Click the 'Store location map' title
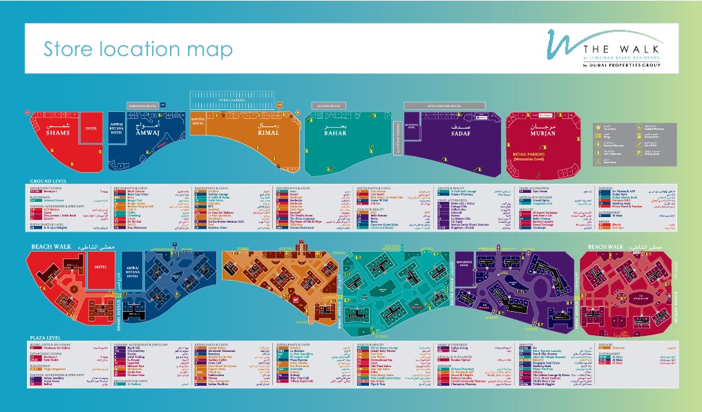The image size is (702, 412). point(138,50)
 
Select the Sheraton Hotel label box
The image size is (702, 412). point(142,106)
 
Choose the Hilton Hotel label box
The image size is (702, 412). point(328,106)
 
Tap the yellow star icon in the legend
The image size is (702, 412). point(598,128)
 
